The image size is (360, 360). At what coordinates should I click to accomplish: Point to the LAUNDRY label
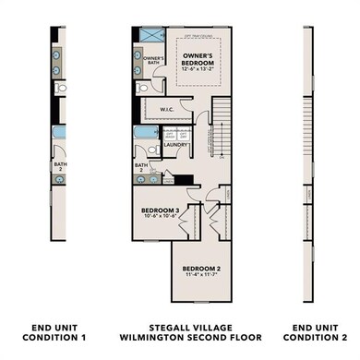(177, 144)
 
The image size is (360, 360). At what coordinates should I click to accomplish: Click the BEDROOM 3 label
(162, 210)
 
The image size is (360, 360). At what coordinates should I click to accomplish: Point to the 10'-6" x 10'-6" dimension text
(162, 219)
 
